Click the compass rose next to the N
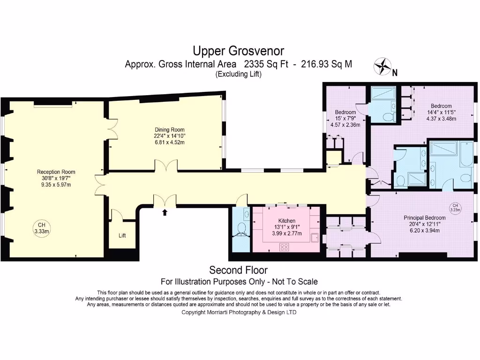pyautogui.click(x=382, y=67)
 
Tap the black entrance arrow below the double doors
pyautogui.click(x=165, y=212)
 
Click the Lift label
pyautogui.click(x=122, y=235)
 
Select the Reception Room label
pyautogui.click(x=56, y=172)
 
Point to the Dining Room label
pyautogui.click(x=169, y=130)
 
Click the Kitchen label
pyautogui.click(x=287, y=221)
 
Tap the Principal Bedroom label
pyautogui.click(x=425, y=218)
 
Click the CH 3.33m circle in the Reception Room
pyautogui.click(x=42, y=228)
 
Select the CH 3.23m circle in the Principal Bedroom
pyautogui.click(x=455, y=208)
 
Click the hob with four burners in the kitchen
pyautogui.click(x=284, y=247)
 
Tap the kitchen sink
pyautogui.click(x=315, y=238)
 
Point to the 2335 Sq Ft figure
pyautogui.click(x=266, y=64)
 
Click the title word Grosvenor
pyautogui.click(x=260, y=51)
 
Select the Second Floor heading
pyautogui.click(x=239, y=270)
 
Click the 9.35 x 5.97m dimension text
pyautogui.click(x=56, y=185)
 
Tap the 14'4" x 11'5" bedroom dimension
pyautogui.click(x=441, y=112)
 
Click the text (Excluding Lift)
pyautogui.click(x=239, y=74)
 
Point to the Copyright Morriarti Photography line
pyautogui.click(x=239, y=312)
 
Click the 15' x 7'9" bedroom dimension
pyautogui.click(x=345, y=119)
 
